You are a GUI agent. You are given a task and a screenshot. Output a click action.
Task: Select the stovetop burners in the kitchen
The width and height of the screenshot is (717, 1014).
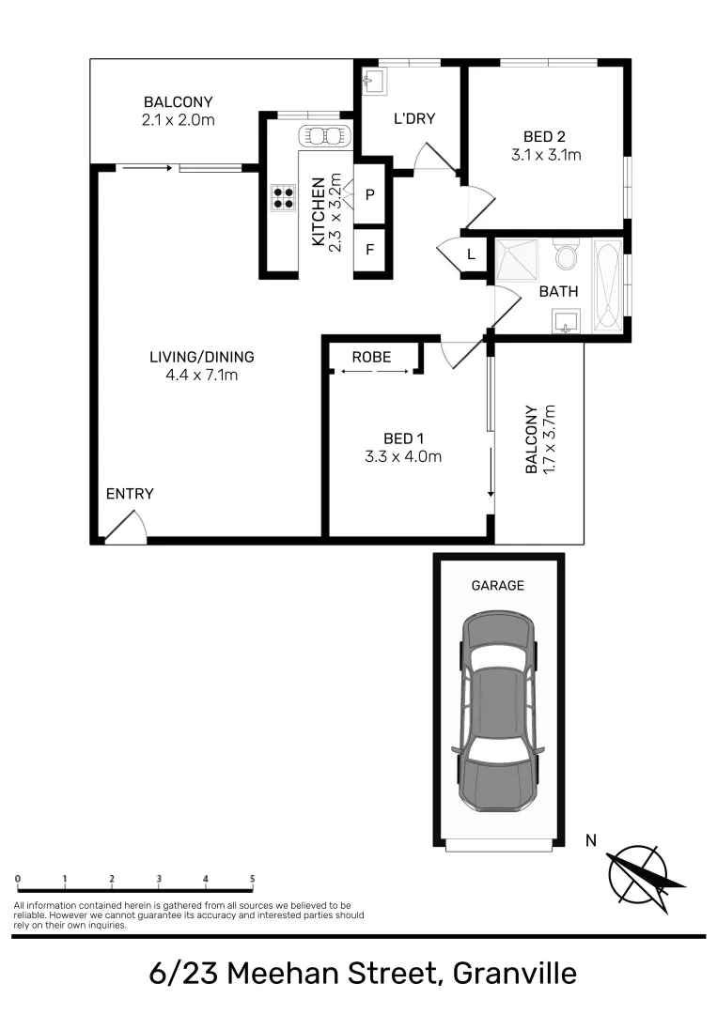point(283,197)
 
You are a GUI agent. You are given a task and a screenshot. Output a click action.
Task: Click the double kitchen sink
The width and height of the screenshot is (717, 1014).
point(322,136)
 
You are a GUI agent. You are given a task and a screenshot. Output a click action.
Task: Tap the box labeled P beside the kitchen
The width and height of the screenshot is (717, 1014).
point(369,195)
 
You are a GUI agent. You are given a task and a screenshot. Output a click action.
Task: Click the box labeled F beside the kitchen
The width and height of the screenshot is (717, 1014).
point(369,251)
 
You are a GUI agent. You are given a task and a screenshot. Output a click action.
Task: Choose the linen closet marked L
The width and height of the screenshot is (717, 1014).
point(471,254)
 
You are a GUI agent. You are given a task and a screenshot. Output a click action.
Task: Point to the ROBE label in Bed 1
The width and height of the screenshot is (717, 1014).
point(371,357)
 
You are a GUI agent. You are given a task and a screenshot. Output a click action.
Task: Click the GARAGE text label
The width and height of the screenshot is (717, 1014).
point(497,585)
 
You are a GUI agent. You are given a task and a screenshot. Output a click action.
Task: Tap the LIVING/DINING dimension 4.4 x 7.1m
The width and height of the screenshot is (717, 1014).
point(201,376)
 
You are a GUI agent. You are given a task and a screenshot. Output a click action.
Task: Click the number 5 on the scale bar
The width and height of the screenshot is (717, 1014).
point(252,879)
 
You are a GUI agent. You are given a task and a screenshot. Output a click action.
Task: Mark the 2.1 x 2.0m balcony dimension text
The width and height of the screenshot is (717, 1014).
point(179,120)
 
